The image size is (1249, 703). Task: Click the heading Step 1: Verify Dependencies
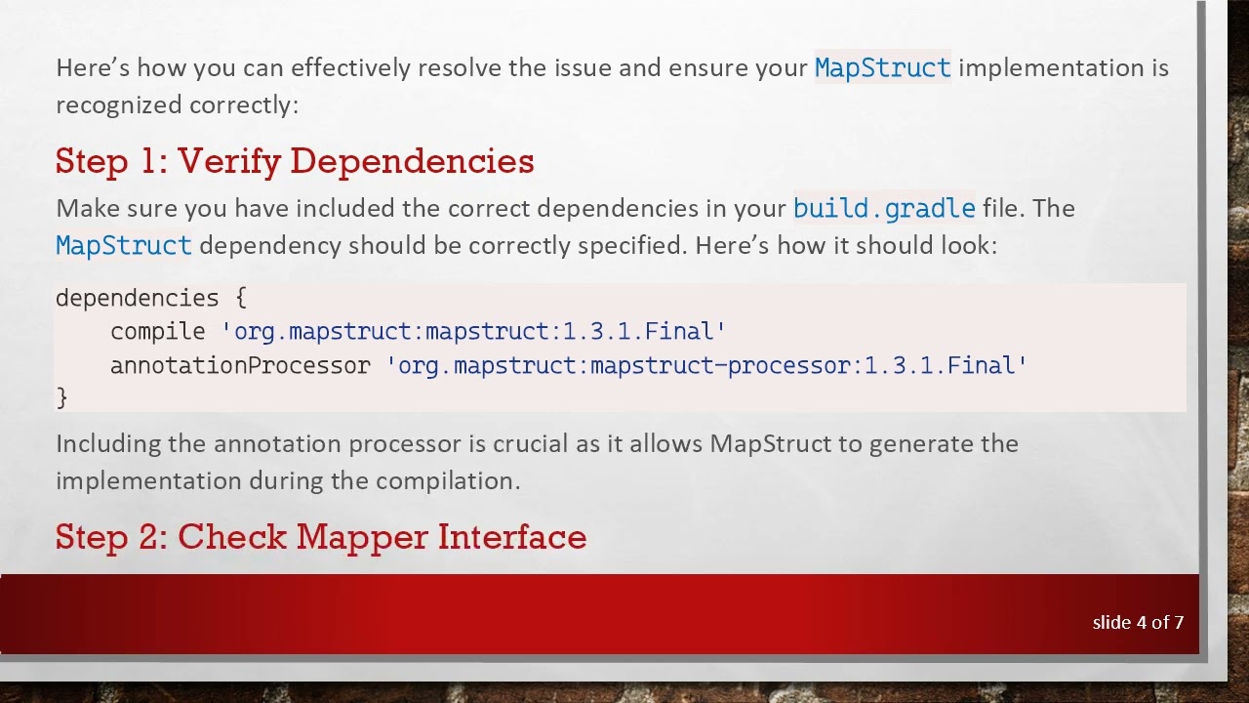click(x=295, y=161)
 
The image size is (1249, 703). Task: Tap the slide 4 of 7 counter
click(x=1138, y=622)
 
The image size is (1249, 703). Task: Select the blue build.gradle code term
click(x=884, y=208)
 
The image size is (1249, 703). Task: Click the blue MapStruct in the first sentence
click(x=882, y=67)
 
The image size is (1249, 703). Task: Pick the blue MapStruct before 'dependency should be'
click(x=124, y=245)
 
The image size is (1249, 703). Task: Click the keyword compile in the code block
click(x=158, y=332)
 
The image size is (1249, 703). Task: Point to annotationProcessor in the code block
click(x=240, y=366)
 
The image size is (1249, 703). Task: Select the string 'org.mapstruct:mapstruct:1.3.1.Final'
click(x=474, y=332)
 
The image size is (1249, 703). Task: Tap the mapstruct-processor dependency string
click(x=707, y=366)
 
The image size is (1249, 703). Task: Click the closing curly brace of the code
click(x=61, y=397)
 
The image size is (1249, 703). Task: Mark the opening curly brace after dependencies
click(x=240, y=298)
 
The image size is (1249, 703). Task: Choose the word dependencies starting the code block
click(x=137, y=298)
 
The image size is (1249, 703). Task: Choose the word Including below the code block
click(x=108, y=443)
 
